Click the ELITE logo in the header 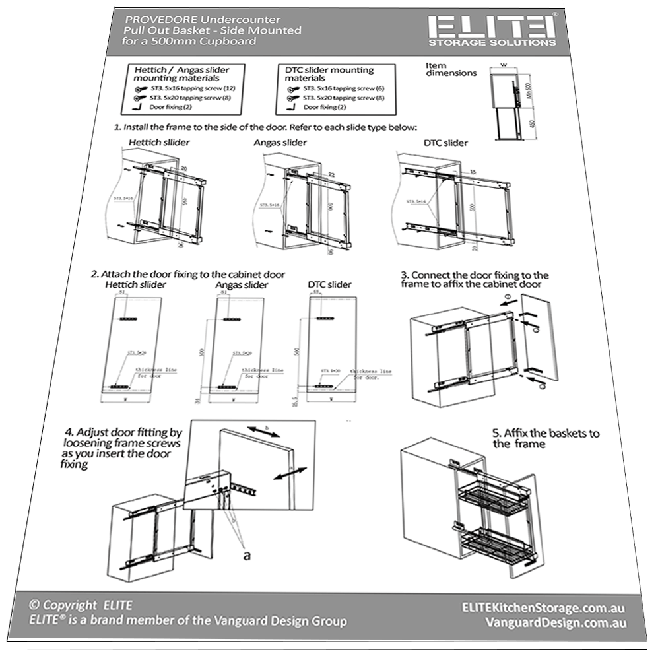pos(492,27)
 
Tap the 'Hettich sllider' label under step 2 pos(135,284)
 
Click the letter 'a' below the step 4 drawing pos(246,556)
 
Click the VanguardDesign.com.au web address pos(555,623)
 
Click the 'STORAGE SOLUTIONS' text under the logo pos(492,43)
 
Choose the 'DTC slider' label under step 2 pos(329,284)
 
